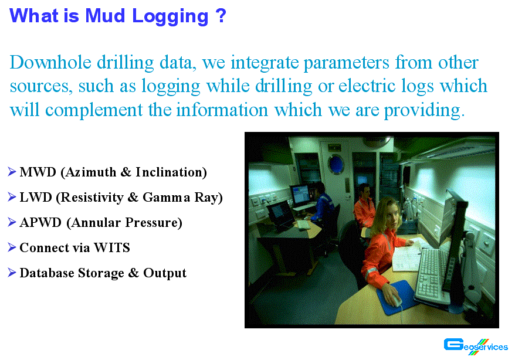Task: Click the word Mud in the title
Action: (x=105, y=16)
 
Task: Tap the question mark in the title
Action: (x=221, y=16)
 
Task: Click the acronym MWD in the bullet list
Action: (x=38, y=172)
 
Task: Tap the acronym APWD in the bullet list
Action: (x=40, y=222)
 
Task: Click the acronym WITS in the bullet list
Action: (x=112, y=248)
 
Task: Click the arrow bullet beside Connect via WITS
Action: (x=12, y=247)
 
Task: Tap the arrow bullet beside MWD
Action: (x=12, y=172)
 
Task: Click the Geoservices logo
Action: (x=476, y=347)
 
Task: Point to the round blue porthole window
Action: (x=336, y=164)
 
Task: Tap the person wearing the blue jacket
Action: (x=323, y=206)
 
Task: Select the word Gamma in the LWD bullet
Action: (x=166, y=197)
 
